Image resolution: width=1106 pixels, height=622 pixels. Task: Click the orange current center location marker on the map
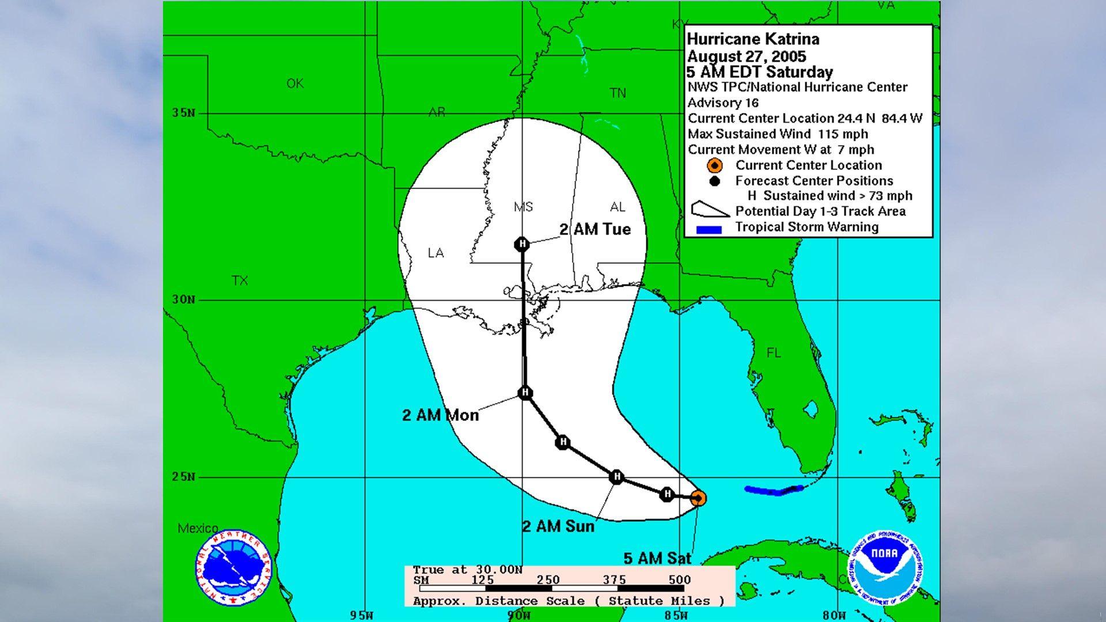(698, 498)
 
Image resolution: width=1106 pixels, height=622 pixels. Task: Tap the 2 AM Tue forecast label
(595, 229)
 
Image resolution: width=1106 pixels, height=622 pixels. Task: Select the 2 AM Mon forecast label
(440, 415)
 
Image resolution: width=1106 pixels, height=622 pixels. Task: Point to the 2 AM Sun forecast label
(558, 526)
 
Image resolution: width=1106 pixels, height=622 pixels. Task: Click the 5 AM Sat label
(657, 558)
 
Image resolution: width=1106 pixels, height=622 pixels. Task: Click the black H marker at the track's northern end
(522, 244)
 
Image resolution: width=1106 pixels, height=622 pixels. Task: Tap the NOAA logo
(884, 567)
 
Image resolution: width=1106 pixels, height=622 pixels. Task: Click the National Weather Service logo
(233, 567)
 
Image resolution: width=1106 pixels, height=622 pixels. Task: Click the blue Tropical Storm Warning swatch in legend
(709, 230)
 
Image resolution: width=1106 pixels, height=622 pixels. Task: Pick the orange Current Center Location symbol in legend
(714, 166)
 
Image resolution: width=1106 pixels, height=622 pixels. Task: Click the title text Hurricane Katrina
(752, 39)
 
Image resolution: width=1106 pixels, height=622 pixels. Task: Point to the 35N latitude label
(183, 113)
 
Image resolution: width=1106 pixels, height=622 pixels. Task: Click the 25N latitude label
(183, 477)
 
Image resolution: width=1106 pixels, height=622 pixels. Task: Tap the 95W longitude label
(361, 615)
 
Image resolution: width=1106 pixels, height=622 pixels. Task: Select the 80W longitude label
(834, 615)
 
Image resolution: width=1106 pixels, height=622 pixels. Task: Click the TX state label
(240, 280)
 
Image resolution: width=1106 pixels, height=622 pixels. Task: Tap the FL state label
(773, 352)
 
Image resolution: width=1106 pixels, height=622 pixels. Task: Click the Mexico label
(198, 528)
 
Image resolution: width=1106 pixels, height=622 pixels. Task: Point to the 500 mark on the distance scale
(680, 580)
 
